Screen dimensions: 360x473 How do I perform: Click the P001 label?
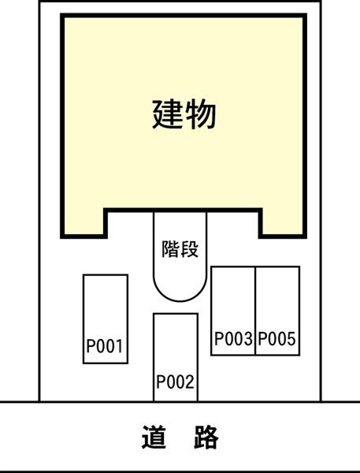point(105,346)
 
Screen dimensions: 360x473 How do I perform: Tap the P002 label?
point(175,382)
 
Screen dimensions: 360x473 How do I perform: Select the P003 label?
point(233,338)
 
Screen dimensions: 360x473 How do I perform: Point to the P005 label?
point(276,338)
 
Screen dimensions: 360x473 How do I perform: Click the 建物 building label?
point(184,114)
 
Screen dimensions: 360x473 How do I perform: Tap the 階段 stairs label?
point(180,249)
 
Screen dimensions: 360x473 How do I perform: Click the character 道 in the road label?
point(154,437)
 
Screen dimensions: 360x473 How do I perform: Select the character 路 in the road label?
point(206,437)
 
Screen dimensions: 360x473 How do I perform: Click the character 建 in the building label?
point(167,114)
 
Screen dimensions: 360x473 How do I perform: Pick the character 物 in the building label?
point(201,114)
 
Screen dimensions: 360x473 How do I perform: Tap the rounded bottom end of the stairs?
point(180,301)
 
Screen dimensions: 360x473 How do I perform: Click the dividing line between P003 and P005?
point(255,311)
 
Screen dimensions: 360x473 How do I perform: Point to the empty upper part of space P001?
point(106,304)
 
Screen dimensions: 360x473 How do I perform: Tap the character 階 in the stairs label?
point(171,249)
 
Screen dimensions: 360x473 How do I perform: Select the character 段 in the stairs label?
point(190,249)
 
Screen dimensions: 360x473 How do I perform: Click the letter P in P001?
point(91,346)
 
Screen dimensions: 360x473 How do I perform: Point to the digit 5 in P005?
point(291,338)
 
